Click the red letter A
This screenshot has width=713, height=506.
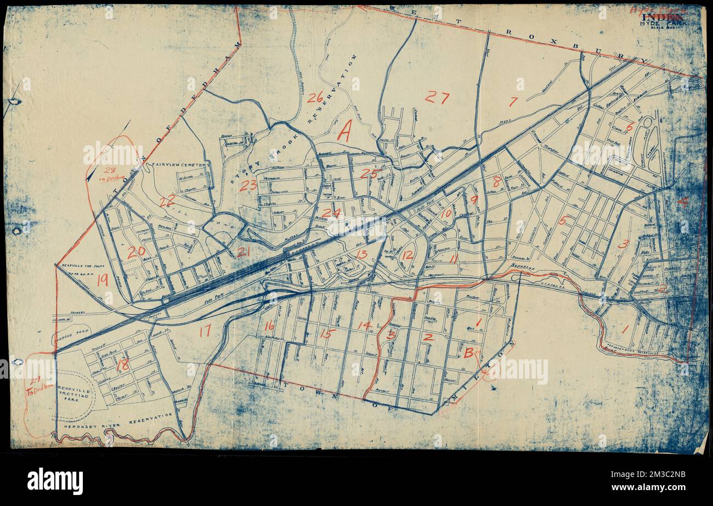pos(344,132)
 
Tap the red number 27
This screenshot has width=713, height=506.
pos(437,98)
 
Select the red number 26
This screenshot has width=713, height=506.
pos(315,98)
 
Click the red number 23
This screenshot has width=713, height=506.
pos(248,185)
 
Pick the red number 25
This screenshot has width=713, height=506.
pos(370,174)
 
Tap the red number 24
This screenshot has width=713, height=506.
pos(331,213)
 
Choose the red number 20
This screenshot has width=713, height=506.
pos(136,252)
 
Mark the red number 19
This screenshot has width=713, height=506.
pos(102,280)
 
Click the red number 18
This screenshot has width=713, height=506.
pos(123,364)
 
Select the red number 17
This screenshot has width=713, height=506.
pos(205,331)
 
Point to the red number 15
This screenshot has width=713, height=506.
pos(328,333)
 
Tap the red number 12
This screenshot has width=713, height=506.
pos(407,255)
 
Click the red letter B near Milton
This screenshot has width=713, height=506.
pos(469,354)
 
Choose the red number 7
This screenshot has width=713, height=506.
pos(513,102)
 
